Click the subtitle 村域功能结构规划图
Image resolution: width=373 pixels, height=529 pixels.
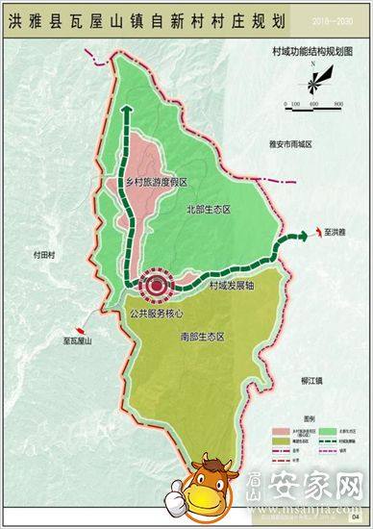(312, 46)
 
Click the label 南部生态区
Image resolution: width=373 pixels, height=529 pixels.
(202, 339)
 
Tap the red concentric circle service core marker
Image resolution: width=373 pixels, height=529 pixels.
(154, 285)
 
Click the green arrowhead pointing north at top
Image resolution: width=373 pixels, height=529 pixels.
(124, 111)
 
